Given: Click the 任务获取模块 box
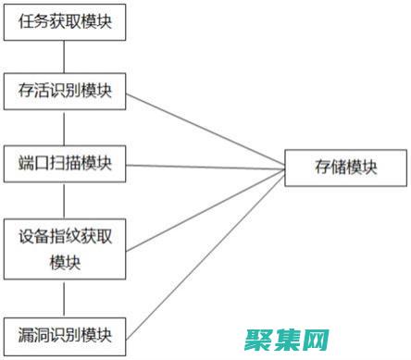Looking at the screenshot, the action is tap(65, 21).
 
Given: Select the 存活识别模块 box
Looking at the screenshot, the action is tap(65, 91).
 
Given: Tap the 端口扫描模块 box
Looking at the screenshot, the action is tap(65, 164).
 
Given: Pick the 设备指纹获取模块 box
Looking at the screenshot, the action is tap(65, 248).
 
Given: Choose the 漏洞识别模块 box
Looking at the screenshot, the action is tap(65, 332).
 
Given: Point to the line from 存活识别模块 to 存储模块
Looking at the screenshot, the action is tap(204, 129).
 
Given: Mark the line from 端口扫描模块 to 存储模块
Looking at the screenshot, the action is tap(204, 166).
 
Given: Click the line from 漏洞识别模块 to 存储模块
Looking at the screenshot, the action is tap(204, 249).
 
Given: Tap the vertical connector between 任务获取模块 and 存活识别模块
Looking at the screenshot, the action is tap(64, 55).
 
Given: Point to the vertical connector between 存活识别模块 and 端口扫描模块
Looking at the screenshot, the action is tap(64, 128).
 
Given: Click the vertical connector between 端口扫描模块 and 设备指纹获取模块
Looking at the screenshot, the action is tap(64, 201).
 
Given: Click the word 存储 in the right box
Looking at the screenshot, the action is tap(329, 167).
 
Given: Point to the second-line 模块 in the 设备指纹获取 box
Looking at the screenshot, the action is tap(65, 262).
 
